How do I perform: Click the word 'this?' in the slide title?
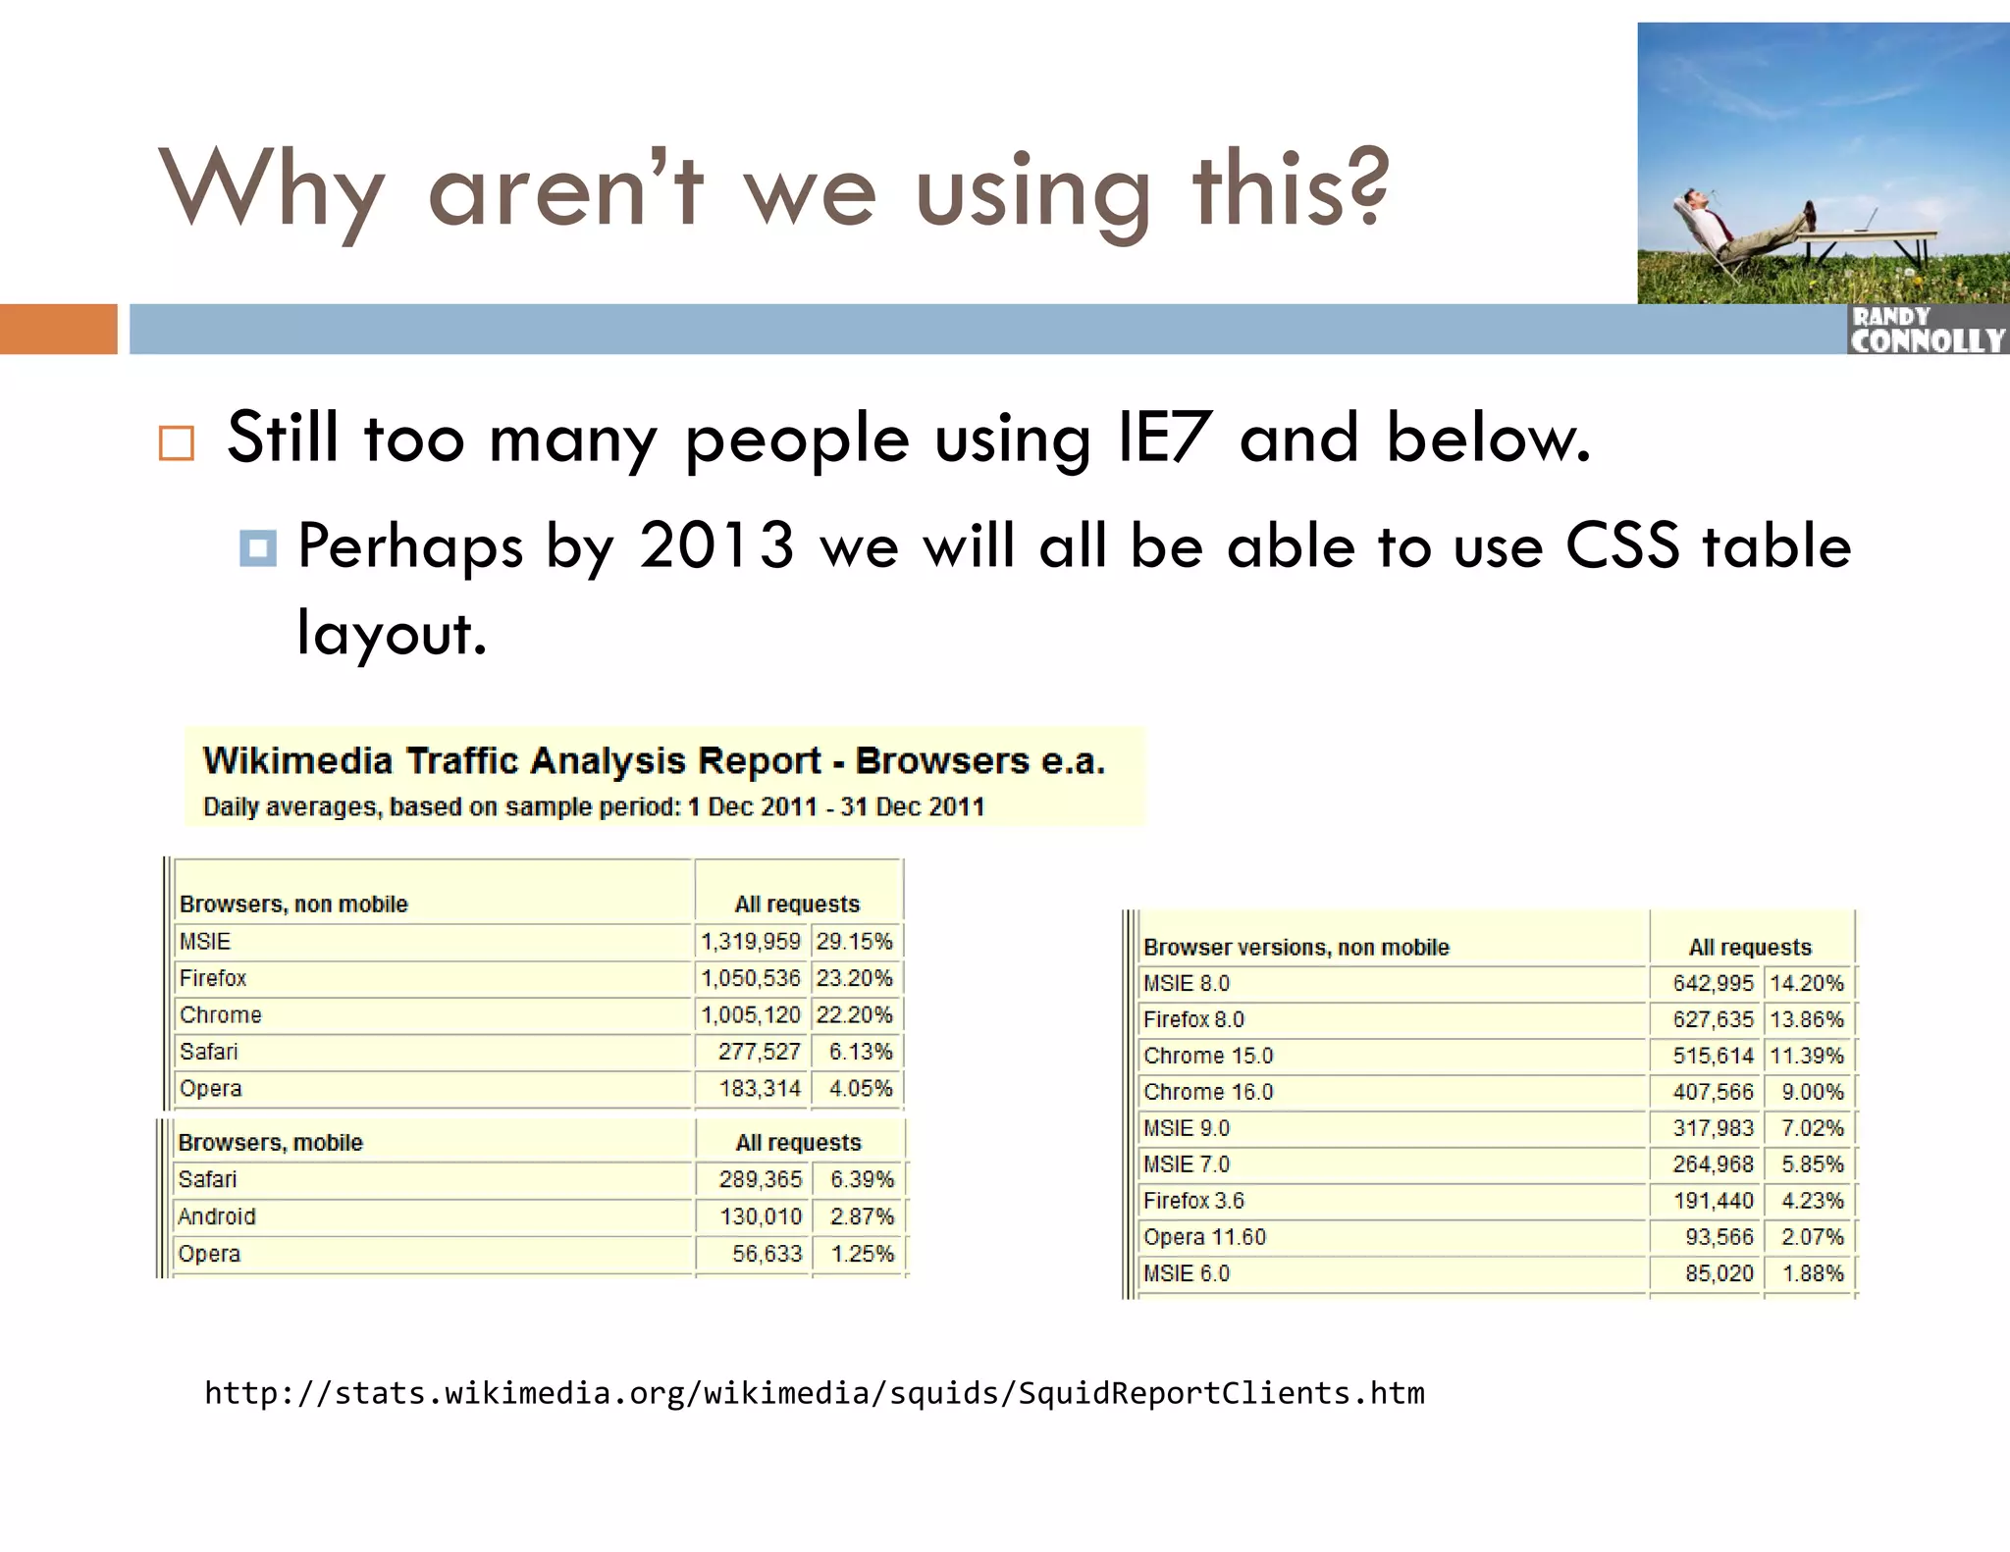[1291, 188]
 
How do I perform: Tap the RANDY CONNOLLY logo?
[1927, 331]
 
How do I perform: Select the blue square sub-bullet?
[257, 547]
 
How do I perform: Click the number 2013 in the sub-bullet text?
[716, 545]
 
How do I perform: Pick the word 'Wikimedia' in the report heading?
[297, 761]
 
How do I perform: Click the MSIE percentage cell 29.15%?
[854, 942]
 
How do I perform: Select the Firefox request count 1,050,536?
[751, 978]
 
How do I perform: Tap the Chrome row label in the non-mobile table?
[221, 1015]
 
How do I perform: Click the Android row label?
[217, 1216]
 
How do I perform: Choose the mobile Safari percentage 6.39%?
[861, 1179]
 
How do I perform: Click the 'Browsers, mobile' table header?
[271, 1143]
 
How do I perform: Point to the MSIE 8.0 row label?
[1187, 983]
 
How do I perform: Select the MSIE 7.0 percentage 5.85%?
[1812, 1164]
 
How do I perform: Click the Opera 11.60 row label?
[1204, 1237]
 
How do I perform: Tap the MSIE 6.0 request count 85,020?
[1719, 1273]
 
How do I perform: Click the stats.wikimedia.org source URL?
[815, 1393]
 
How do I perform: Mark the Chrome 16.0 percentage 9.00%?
[1812, 1092]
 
